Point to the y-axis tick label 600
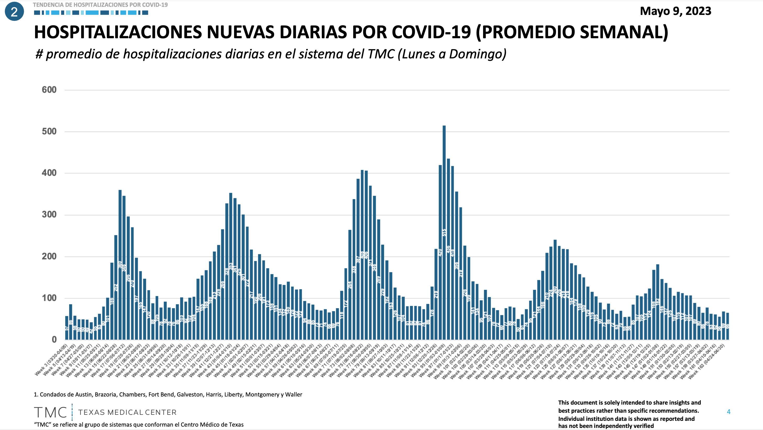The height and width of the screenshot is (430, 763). coord(49,90)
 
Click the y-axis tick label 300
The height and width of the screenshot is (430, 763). coord(49,215)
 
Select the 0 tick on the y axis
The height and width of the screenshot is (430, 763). coord(54,340)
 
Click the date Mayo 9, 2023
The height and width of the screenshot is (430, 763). coord(675,11)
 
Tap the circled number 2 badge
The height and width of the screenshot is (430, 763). coord(14,12)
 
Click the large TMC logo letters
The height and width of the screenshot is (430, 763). coord(51,412)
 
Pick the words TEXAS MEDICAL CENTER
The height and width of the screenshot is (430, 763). coord(127,412)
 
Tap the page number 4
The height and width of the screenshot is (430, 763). coord(729,412)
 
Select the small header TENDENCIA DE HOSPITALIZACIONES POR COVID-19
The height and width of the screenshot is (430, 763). coord(100,5)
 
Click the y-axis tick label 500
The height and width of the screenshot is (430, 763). coord(49,131)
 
